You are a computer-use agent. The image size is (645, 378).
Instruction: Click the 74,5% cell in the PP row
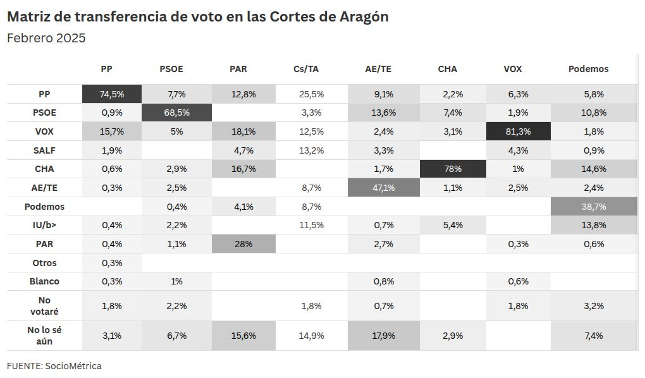[112, 94]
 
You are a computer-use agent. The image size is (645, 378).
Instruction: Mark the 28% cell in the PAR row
[243, 244]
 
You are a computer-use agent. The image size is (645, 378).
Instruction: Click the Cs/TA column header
[309, 69]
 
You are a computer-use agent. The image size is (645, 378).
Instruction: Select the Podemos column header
[587, 69]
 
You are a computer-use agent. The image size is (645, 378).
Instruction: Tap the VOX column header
[512, 69]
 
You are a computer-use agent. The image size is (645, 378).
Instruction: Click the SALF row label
[44, 150]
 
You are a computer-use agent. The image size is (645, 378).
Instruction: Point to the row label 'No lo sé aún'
[44, 336]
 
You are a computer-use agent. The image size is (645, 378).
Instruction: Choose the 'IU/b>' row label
[44, 225]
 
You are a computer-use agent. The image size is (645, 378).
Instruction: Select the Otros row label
[44, 263]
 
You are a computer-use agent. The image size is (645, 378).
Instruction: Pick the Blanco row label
[44, 281]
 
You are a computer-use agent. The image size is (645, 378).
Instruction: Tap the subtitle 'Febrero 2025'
[46, 38]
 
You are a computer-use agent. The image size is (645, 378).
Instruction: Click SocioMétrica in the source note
[73, 366]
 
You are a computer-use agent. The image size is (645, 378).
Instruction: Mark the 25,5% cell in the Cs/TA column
[311, 94]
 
